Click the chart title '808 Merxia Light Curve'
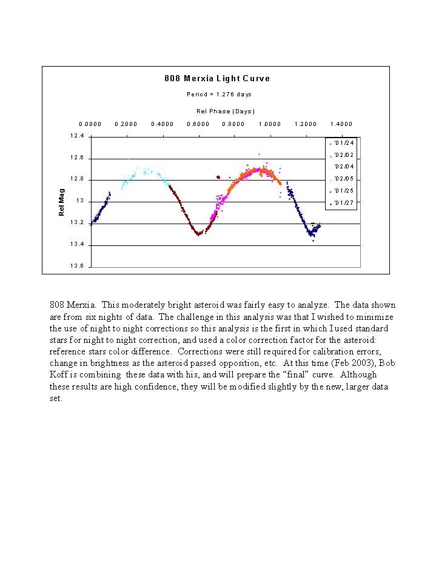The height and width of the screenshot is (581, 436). point(217,79)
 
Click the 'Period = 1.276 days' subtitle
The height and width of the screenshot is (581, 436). point(219,95)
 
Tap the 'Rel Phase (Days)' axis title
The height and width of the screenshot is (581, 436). point(226,111)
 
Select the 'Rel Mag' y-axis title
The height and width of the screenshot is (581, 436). point(61,202)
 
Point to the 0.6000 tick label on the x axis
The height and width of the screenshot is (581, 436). point(198,124)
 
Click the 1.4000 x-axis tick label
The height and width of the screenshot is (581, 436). point(341,124)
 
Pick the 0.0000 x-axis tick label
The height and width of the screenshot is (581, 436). point(90,124)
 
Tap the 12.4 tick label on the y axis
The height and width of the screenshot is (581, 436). point(77,136)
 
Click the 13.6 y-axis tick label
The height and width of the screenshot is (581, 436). point(77,266)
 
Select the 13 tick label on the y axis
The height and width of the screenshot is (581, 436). point(80,201)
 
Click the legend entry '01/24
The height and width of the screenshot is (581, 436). point(341,143)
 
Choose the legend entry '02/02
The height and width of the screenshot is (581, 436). point(341,155)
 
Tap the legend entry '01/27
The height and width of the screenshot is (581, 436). point(341,203)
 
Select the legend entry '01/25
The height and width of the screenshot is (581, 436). point(341,191)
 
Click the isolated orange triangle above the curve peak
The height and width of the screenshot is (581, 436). point(259,154)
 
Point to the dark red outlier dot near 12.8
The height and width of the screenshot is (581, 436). point(218,177)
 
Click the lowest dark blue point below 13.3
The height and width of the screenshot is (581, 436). point(314,241)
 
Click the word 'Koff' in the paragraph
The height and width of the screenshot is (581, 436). point(59,374)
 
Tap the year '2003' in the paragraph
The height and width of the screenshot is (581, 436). point(363,363)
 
